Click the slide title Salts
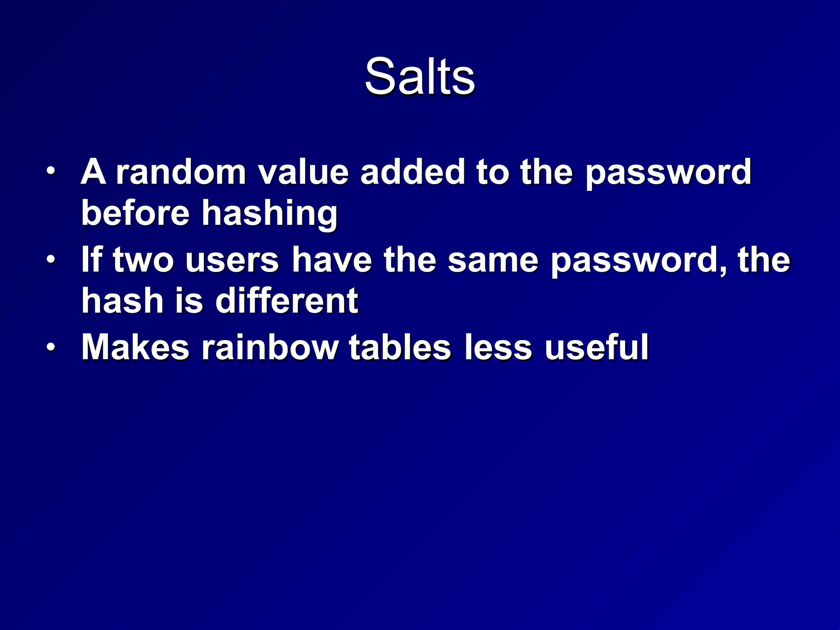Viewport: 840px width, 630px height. point(420,77)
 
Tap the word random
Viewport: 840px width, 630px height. point(181,172)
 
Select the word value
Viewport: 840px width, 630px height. point(303,172)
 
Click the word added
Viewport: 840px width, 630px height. point(412,172)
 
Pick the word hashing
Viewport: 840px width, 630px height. point(269,215)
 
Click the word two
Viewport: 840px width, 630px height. point(143,260)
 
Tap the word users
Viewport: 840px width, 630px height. point(232,260)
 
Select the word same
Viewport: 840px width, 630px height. point(493,260)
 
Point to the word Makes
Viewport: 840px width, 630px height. point(135,347)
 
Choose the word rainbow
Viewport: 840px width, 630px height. point(270,347)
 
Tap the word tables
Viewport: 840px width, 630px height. point(400,347)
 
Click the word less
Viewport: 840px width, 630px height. point(498,347)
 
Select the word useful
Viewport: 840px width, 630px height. point(596,347)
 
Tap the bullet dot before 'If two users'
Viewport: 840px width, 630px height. point(50,259)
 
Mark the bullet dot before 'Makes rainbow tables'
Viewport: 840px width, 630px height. point(50,347)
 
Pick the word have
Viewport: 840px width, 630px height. point(331,260)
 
